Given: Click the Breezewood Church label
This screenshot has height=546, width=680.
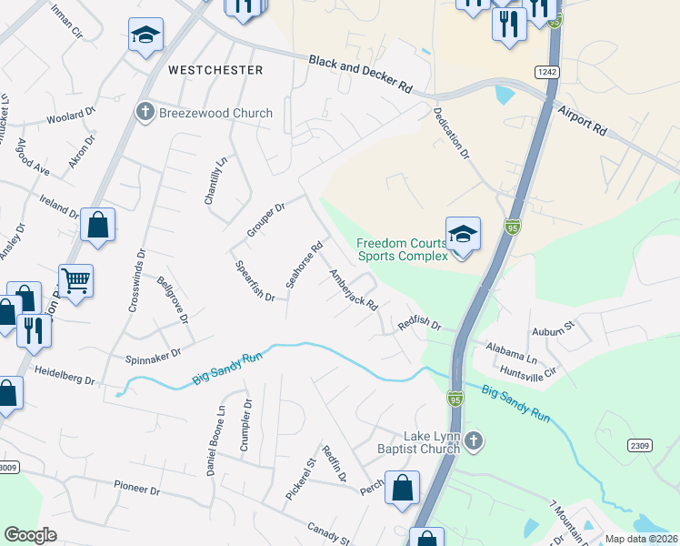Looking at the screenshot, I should (215, 113).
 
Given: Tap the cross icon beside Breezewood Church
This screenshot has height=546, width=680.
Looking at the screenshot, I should (144, 113).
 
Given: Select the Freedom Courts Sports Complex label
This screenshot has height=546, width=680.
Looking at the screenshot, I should (402, 249).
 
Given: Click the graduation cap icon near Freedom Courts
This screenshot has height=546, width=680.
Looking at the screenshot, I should (463, 234).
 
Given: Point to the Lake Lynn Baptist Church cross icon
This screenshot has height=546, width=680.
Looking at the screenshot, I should (472, 442).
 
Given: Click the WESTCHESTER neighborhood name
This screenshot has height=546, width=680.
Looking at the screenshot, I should (215, 70).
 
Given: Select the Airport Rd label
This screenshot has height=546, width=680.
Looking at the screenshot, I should (584, 118).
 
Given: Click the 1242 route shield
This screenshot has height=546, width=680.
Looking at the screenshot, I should (546, 72).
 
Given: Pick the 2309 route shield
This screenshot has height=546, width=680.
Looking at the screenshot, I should (640, 445).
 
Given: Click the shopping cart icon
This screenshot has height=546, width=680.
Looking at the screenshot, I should (76, 280).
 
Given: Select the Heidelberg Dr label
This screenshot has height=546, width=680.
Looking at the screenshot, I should (65, 375).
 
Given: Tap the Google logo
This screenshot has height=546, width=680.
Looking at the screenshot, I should (30, 535).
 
